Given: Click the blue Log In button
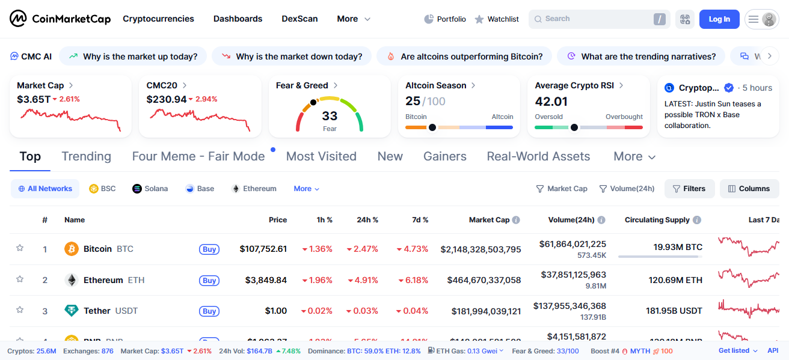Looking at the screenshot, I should (719, 19).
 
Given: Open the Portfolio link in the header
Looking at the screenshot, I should (445, 19).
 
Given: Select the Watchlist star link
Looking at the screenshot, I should (497, 19).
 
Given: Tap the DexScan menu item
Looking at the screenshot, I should (299, 19).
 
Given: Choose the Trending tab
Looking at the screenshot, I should (86, 157).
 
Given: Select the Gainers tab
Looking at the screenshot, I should (445, 157).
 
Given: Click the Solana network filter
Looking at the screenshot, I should (150, 189).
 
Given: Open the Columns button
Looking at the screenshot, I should (749, 189).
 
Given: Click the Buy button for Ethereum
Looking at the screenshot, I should (209, 281).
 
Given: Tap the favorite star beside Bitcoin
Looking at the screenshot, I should (20, 248).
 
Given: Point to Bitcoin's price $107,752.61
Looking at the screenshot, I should (263, 249).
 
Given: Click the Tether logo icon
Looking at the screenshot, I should (72, 311).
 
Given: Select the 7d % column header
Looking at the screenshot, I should (420, 220).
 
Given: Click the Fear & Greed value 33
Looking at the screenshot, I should (330, 116).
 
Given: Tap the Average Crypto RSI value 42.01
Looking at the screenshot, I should (551, 102).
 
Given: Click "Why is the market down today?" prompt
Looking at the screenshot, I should (291, 56).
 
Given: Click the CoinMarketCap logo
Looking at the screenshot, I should (60, 19).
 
